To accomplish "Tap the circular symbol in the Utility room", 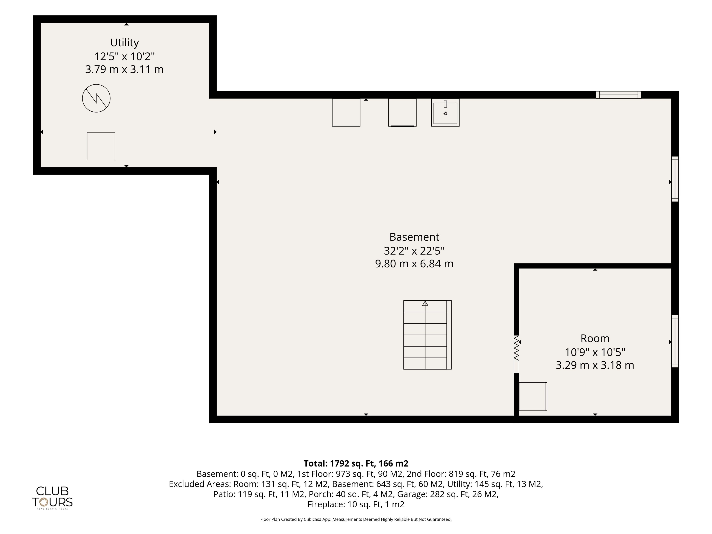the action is tap(96, 98).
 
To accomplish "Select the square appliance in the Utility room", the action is tap(101, 146).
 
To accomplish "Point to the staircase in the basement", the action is tap(427, 335).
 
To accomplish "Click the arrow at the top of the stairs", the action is tap(425, 303).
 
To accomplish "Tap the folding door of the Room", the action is tap(516, 348).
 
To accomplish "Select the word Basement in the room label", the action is tap(414, 237).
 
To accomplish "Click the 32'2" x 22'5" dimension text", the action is tap(414, 250).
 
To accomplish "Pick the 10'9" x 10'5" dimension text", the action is tap(595, 352).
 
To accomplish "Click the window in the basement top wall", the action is tap(618, 95).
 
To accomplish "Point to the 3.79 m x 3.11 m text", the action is tap(124, 69).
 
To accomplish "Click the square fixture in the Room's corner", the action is tap(533, 396).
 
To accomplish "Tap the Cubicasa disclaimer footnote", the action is tap(356, 519).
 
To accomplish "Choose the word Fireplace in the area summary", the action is tap(326, 504).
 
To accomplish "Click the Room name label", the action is tap(595, 338).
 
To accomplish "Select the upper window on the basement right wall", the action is tap(675, 179).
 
